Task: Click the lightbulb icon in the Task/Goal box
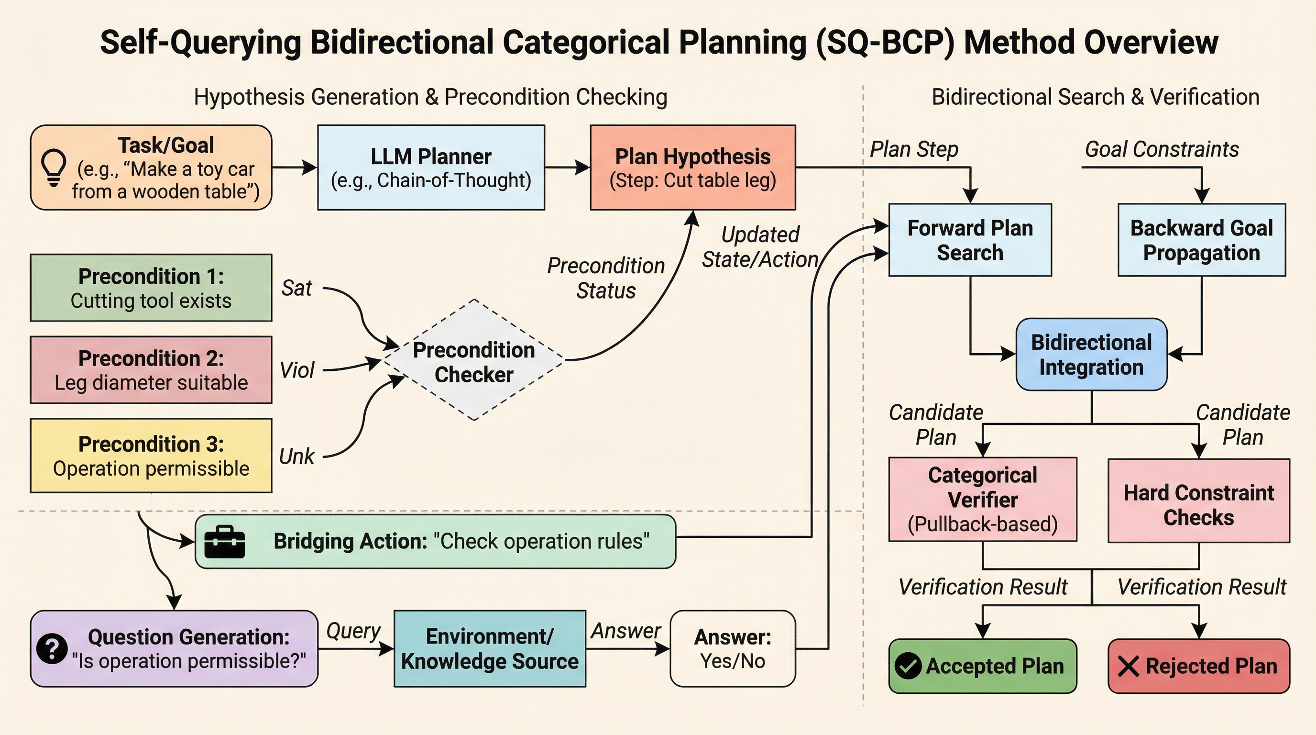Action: click(53, 167)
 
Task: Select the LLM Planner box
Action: click(431, 167)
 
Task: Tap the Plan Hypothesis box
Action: click(692, 167)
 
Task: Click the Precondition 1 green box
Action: click(151, 288)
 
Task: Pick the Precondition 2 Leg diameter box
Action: click(151, 370)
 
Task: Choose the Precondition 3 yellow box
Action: click(151, 456)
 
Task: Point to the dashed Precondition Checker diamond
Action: click(473, 361)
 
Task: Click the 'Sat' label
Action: click(296, 288)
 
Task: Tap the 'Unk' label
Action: click(296, 457)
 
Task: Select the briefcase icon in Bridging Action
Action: click(224, 541)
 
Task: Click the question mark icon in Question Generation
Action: click(52, 648)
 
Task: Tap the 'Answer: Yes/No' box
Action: click(732, 648)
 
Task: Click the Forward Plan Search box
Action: click(970, 240)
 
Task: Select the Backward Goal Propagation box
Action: click(1201, 240)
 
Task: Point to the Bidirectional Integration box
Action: click(1091, 355)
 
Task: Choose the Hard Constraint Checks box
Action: click(1198, 501)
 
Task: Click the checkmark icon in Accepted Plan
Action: click(908, 666)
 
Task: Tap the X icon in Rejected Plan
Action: click(1128, 667)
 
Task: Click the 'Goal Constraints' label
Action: click(1162, 149)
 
